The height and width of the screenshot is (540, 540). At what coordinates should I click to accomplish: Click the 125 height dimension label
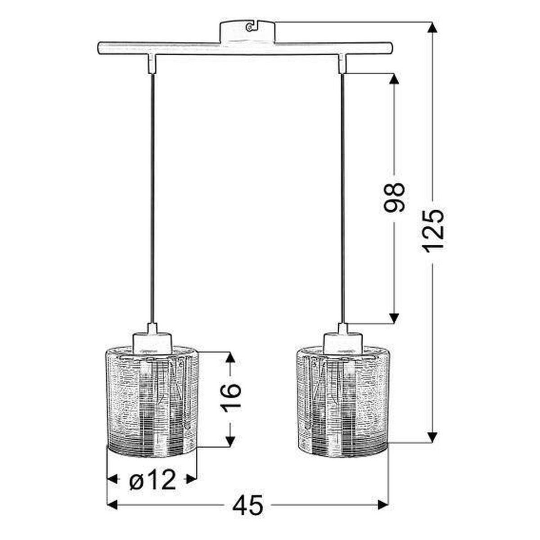[x=433, y=233]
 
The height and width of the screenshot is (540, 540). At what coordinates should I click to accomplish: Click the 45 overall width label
[x=248, y=505]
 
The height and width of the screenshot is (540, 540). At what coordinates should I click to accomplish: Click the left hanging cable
[x=152, y=198]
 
